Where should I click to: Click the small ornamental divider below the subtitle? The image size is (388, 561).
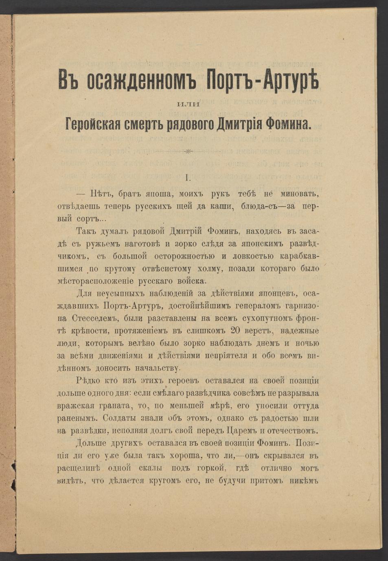pyautogui.click(x=189, y=152)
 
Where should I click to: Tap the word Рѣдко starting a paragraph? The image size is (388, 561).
pyautogui.click(x=89, y=381)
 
